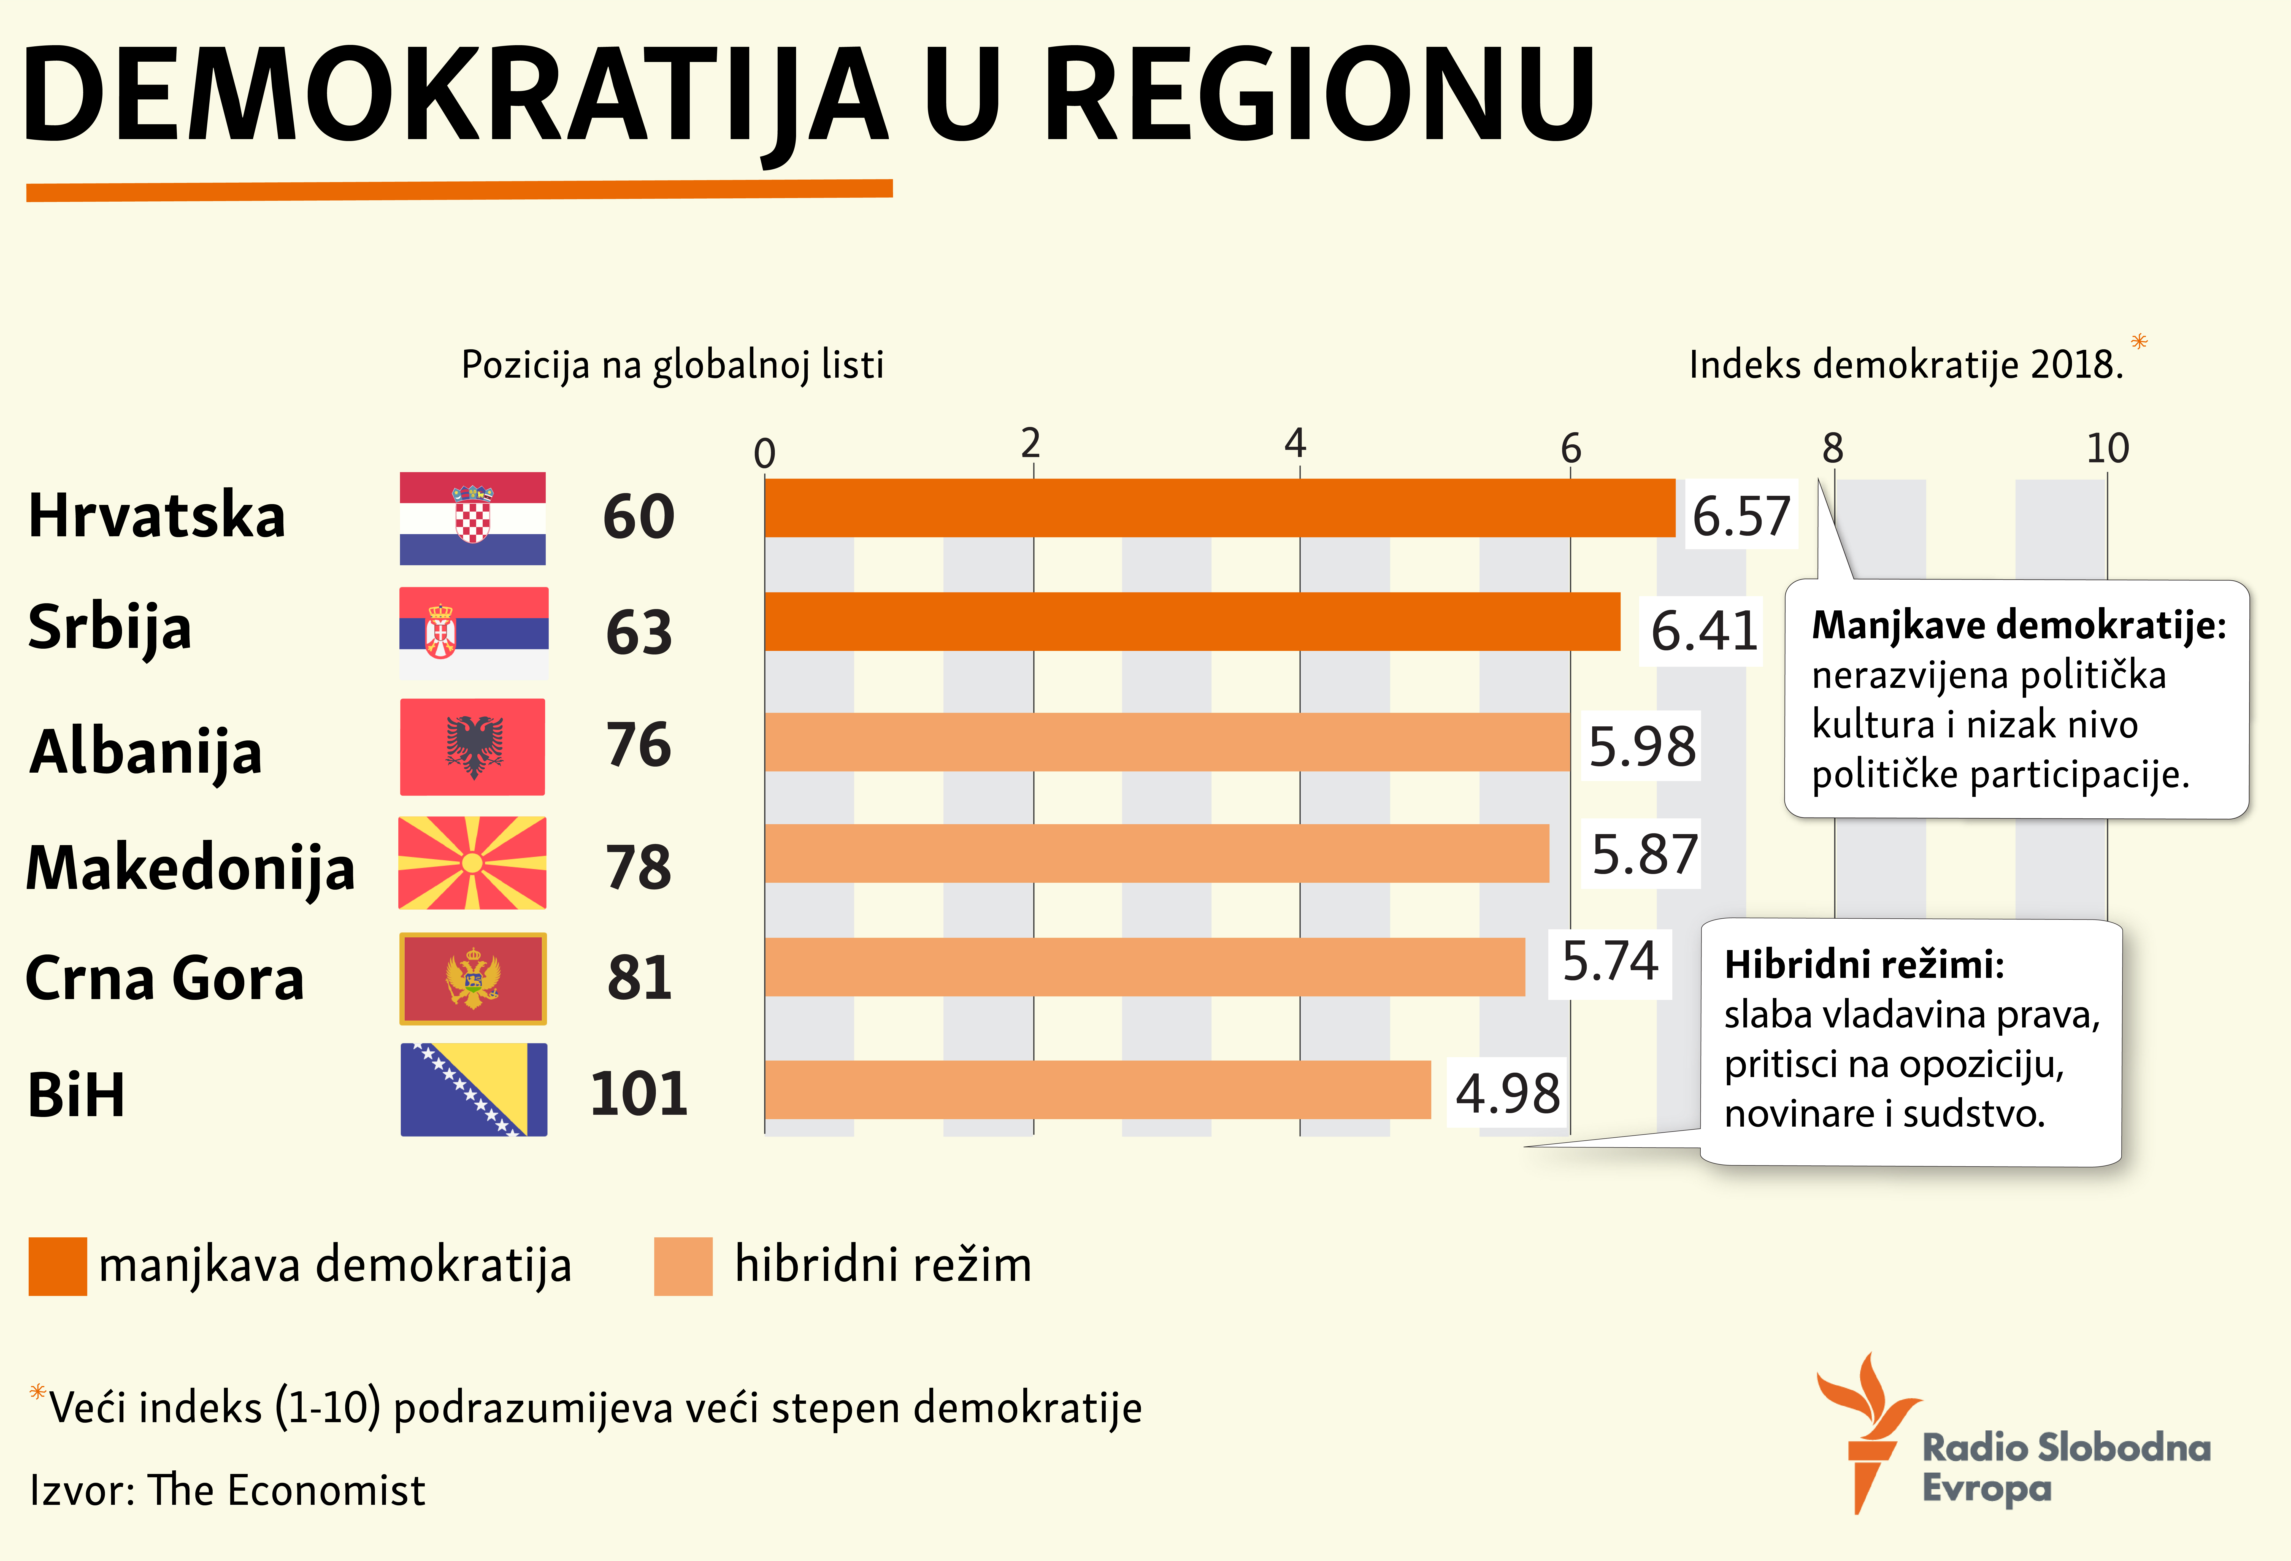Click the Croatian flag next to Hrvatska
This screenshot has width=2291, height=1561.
472,518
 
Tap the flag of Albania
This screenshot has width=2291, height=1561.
472,747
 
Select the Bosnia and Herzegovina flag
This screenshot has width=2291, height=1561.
473,1090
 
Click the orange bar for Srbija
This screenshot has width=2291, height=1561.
1192,622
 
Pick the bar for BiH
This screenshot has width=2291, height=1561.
1097,1090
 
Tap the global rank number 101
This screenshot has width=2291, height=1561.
639,1094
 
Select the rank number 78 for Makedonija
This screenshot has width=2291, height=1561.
639,867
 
